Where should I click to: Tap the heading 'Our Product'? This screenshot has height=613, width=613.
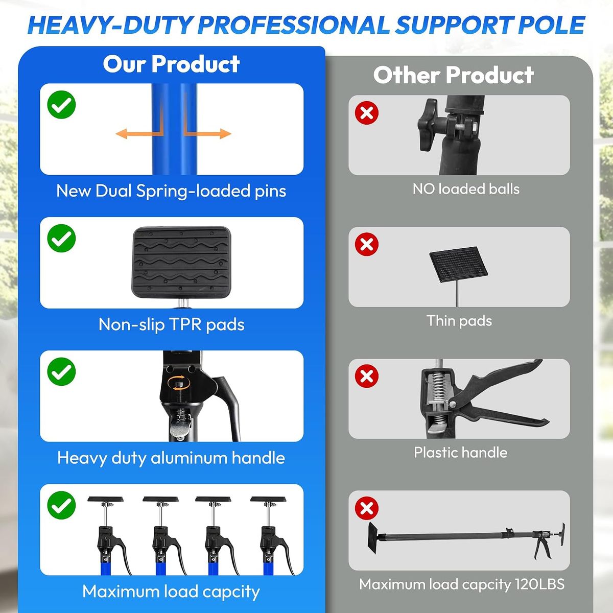coord(172,64)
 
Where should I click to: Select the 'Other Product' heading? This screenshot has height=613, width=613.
coord(454,76)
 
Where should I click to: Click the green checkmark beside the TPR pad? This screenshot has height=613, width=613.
coord(61,238)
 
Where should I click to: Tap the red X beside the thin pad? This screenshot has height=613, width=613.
coord(367,244)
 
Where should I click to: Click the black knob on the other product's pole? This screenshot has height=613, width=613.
coord(428,125)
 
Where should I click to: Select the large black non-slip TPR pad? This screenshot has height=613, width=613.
coord(181,263)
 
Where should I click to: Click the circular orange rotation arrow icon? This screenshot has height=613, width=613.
coord(179,383)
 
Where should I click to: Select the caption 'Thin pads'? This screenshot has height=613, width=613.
coord(459,321)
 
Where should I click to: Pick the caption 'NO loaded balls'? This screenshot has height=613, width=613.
coord(466,189)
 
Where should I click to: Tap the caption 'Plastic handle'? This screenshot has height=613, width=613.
coord(461,453)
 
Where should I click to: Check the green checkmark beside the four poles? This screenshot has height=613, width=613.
coord(61,505)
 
